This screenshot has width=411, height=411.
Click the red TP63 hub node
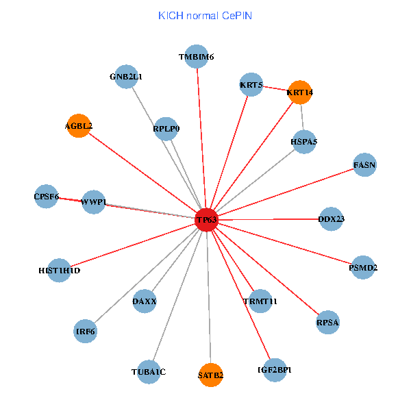(206, 219)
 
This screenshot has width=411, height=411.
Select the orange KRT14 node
(300, 92)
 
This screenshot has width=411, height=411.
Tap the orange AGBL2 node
(79, 125)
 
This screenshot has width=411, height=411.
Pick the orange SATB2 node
(211, 375)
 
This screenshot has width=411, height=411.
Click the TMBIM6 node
(197, 57)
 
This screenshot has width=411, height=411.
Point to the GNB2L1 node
(126, 77)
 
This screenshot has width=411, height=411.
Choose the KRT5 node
(251, 85)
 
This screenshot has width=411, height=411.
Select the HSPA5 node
(304, 141)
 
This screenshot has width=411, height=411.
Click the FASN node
(364, 164)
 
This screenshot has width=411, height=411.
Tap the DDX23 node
(332, 219)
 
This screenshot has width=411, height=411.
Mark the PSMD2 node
(363, 267)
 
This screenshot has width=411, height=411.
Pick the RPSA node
(327, 321)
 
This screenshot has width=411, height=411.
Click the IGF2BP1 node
(275, 370)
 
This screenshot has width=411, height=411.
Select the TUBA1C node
(149, 372)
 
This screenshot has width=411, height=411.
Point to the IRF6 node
(86, 332)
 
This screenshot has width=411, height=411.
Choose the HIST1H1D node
(60, 271)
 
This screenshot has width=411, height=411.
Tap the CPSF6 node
(47, 197)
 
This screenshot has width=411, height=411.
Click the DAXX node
(145, 301)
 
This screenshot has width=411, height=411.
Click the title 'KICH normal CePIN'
(205, 15)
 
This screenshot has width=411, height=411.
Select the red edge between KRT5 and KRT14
(275, 88)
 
